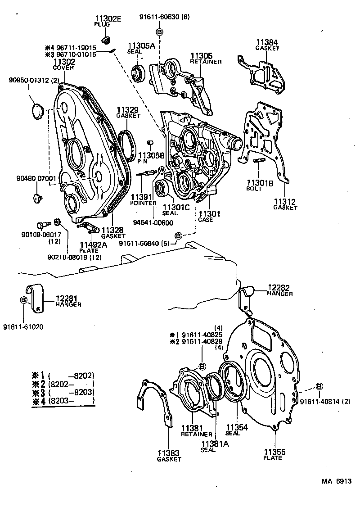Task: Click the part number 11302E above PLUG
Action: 108,18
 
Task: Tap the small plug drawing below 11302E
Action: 106,42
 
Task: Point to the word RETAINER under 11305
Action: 206,62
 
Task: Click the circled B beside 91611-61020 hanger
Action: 23,300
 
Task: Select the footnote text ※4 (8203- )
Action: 63,400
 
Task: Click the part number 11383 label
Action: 169,453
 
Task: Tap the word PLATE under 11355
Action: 273,458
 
